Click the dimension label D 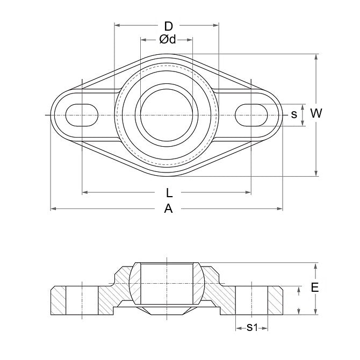pos(168,26)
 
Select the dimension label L pos(168,192)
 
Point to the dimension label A pos(168,210)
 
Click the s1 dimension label pos(251,327)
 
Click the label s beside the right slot pos(294,114)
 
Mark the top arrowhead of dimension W pos(316,56)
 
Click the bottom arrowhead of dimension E pos(316,313)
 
